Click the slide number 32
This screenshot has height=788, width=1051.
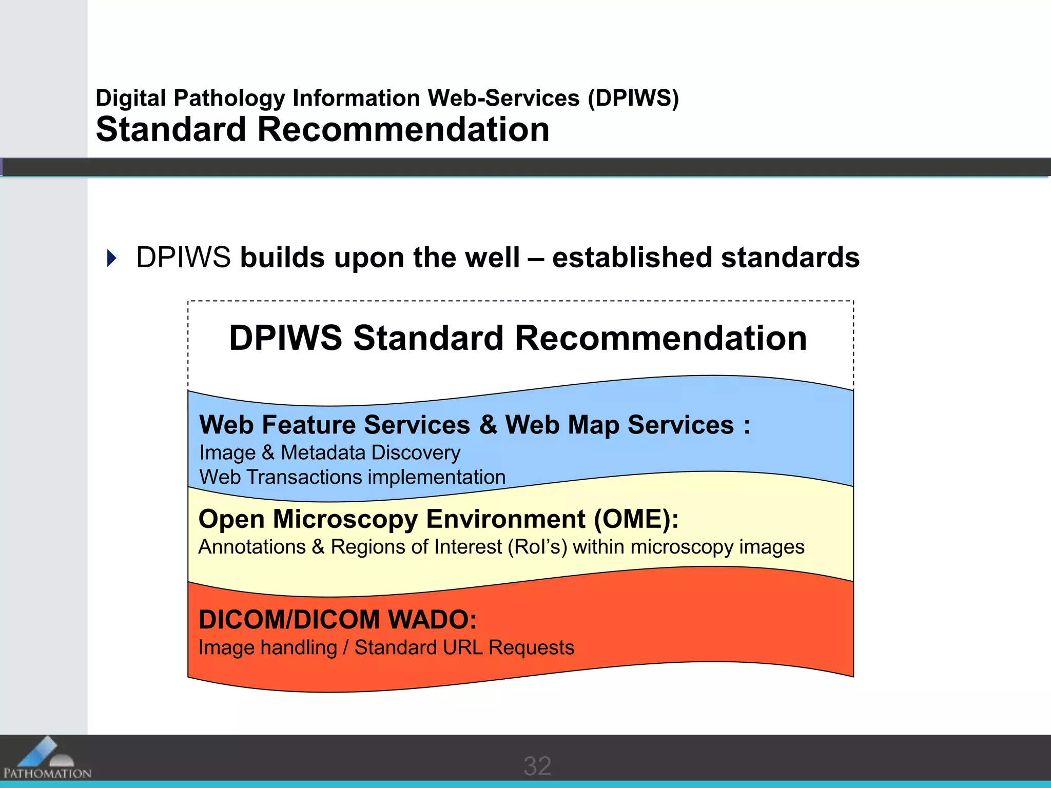[537, 766]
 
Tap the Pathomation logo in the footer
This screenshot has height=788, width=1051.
[47, 759]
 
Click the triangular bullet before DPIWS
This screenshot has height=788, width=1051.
[112, 258]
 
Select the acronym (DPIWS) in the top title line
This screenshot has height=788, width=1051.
[633, 98]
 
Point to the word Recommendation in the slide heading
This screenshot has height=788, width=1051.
[403, 129]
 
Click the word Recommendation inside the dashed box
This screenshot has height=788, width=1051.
[660, 339]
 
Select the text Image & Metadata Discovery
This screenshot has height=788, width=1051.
[329, 452]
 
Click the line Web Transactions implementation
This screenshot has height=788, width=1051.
[352, 477]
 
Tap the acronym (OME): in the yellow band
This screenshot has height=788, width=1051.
[636, 519]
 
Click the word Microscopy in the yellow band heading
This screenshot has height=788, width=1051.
[345, 519]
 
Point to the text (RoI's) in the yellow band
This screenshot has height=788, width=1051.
[537, 547]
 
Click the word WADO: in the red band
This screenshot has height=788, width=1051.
[432, 620]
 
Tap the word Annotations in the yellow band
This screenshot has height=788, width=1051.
[252, 547]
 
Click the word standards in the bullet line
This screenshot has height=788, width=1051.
[790, 258]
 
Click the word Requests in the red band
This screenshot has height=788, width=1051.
[531, 647]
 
